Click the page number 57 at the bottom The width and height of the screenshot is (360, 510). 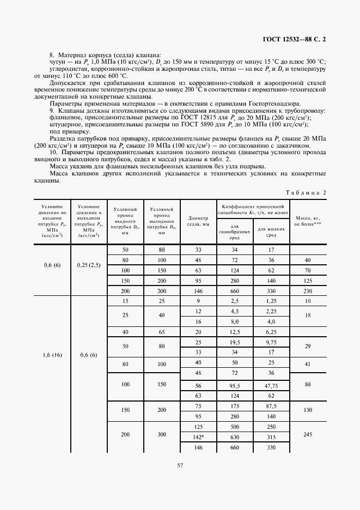coord(180,465)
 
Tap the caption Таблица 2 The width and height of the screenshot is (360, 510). coord(306,192)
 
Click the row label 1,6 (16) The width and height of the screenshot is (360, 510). coord(53,355)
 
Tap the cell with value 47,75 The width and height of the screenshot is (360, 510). coord(270,385)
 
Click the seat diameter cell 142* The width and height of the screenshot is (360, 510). coord(198,436)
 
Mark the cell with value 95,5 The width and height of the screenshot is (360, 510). coord(235,385)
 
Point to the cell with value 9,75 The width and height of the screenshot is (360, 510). coord(270,342)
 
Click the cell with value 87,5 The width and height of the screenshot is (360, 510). coord(270,406)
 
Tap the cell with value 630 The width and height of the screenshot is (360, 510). coord(235,436)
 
